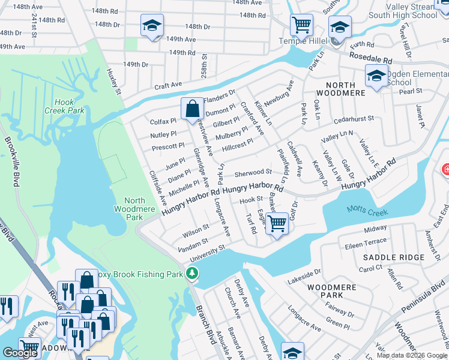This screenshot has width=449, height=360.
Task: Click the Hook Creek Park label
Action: tap(64, 106)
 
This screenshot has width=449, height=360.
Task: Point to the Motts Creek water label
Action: tap(367, 212)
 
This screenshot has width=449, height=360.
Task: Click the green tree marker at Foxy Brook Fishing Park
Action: tap(192, 274)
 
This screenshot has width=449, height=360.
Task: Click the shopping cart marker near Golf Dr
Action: tap(277, 223)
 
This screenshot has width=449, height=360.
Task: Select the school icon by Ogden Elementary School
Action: tap(376, 76)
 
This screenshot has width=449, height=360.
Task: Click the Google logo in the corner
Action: tap(20, 352)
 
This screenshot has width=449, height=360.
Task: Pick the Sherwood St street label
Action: tap(254, 173)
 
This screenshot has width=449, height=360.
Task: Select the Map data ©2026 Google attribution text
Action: tap(411, 355)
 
